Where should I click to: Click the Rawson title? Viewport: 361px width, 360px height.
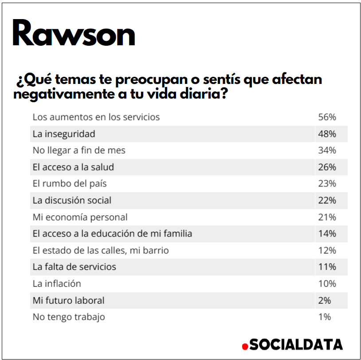(74, 34)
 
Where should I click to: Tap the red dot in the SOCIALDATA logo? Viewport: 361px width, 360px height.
(244, 346)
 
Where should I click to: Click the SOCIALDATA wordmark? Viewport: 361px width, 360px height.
(295, 344)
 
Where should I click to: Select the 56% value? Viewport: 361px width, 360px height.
(327, 117)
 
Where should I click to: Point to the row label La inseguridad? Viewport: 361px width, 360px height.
(64, 134)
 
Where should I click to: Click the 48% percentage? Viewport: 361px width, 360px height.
(327, 134)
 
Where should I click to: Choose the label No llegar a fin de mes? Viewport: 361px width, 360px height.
(79, 150)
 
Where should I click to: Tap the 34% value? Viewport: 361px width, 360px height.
(327, 150)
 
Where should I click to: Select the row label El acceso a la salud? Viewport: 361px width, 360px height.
(73, 167)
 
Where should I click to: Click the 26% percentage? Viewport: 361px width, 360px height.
(327, 167)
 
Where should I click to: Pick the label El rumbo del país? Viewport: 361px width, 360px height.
(70, 184)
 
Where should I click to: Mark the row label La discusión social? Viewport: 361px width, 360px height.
(72, 200)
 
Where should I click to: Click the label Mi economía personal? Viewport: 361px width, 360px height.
(80, 217)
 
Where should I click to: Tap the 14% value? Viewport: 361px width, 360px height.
(327, 233)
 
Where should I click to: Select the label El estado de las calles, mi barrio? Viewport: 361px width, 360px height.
(101, 250)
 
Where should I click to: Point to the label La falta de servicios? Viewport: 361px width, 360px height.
(74, 267)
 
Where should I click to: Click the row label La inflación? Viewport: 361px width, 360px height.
(57, 284)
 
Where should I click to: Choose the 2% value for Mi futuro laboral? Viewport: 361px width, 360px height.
(325, 300)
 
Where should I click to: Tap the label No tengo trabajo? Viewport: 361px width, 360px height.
(69, 317)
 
